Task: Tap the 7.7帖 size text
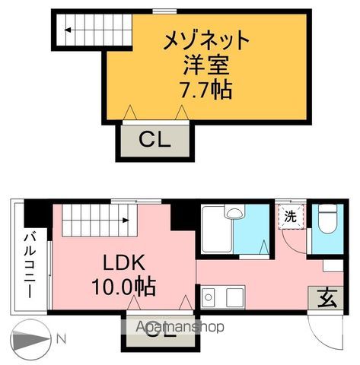point(206,90)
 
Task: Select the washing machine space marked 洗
point(290,216)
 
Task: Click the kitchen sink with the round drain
point(209,297)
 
